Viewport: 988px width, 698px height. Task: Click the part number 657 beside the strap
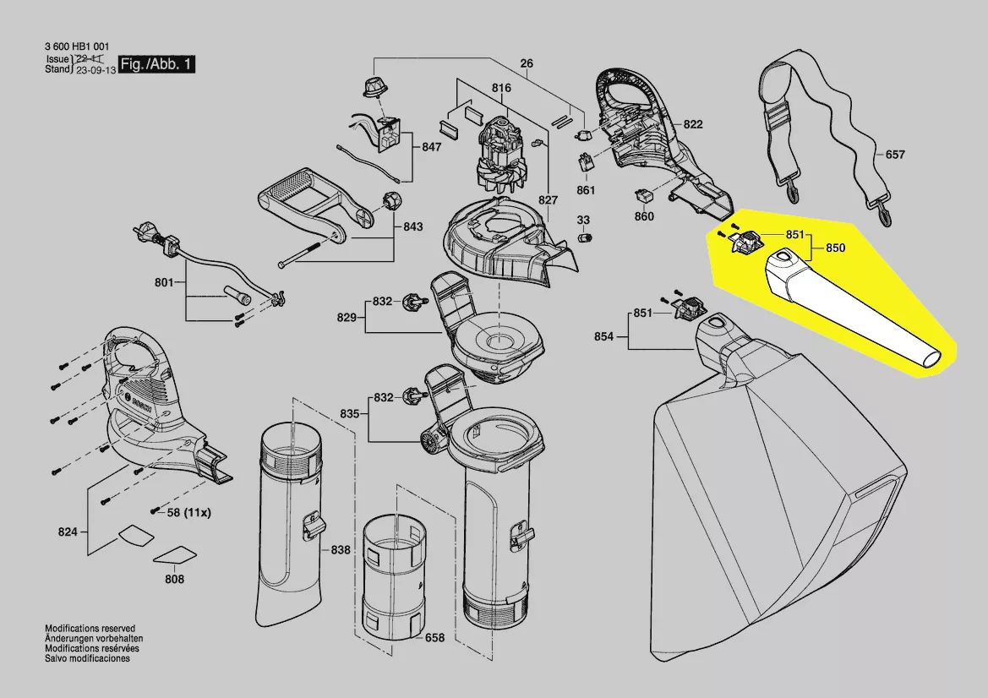coord(895,155)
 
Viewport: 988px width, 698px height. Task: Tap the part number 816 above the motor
coord(501,88)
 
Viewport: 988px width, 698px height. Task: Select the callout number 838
coord(341,550)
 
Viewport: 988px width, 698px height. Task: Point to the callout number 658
coord(434,638)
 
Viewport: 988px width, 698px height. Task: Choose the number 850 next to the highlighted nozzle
coord(835,248)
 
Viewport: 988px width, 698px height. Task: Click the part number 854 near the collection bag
coord(603,336)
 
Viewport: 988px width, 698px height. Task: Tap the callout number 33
coord(583,220)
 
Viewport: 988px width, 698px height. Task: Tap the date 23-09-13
coord(93,71)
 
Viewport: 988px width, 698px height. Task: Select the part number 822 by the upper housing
coord(693,124)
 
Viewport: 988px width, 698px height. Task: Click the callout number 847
coord(431,147)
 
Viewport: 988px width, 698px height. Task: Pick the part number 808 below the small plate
coord(173,581)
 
